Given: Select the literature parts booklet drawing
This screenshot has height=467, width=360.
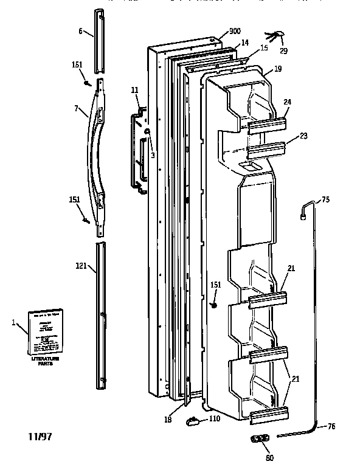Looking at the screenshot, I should click(x=46, y=332).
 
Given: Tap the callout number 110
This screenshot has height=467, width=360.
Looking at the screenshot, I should click(x=214, y=419).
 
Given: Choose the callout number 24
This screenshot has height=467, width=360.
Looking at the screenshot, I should click(x=287, y=102).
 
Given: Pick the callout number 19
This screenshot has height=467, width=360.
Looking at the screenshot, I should click(x=277, y=69).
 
